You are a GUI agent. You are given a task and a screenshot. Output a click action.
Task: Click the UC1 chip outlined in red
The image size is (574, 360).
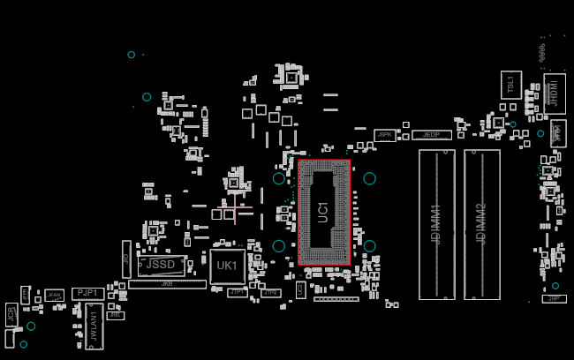tap(324, 212)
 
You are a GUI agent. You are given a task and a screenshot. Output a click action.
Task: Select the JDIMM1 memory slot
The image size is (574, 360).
tap(436, 224)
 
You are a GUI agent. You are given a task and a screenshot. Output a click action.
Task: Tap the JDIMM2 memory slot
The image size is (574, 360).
tap(481, 224)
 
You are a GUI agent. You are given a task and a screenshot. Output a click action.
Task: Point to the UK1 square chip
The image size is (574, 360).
tap(227, 266)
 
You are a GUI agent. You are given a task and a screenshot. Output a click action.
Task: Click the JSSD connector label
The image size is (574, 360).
tap(161, 265)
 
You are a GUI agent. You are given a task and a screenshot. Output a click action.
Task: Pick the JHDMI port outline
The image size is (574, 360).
tap(555, 94)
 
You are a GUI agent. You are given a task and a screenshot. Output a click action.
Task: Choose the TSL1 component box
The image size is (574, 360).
tap(510, 85)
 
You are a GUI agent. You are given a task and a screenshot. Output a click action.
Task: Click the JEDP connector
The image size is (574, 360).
tap(431, 135)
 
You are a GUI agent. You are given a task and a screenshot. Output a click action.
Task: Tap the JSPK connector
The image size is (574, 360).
tap(384, 135)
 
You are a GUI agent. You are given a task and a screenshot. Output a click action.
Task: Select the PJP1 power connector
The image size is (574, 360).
tap(87, 293)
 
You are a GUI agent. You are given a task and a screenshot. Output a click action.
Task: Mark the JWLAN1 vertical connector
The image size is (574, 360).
tap(94, 326)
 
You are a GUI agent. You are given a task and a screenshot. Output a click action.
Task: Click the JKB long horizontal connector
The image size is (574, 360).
tap(167, 284)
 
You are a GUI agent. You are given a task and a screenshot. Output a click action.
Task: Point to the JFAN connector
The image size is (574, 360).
tap(55, 296)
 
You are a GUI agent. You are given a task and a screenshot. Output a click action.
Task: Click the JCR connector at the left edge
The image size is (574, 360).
tap(11, 314)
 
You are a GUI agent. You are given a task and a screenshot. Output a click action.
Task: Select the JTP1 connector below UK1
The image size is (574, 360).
tap(237, 292)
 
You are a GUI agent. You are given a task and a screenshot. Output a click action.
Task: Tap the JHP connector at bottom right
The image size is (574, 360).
tap(554, 298)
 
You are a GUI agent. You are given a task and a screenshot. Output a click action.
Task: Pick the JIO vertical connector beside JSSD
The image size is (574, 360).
tap(126, 259)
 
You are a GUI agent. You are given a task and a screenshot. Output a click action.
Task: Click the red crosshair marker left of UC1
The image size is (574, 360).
tap(234, 207)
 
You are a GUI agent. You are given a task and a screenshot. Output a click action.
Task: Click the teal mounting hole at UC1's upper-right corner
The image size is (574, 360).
tap(369, 178)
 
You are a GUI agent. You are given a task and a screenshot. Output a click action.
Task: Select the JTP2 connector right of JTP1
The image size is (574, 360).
tap(270, 293)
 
